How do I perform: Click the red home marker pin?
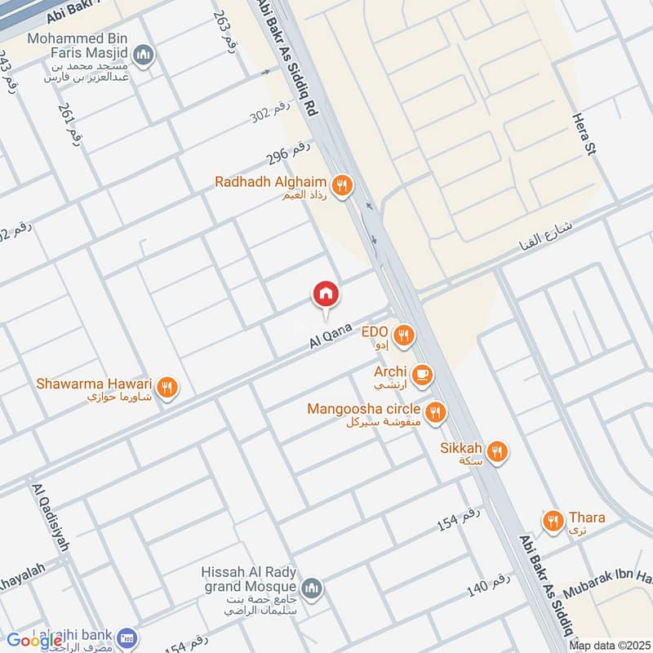click(326, 294)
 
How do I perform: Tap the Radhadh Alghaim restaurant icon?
click(343, 186)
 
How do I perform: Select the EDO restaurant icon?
click(402, 335)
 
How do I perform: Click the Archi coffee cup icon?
click(421, 375)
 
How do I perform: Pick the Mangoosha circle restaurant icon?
click(436, 412)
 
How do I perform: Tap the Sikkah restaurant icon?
click(497, 451)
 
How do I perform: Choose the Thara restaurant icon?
click(553, 520)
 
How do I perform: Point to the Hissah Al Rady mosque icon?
click(311, 588)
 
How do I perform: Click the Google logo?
click(35, 641)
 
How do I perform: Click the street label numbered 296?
click(289, 153)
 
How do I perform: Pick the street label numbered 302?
click(270, 116)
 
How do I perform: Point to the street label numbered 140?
click(489, 584)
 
